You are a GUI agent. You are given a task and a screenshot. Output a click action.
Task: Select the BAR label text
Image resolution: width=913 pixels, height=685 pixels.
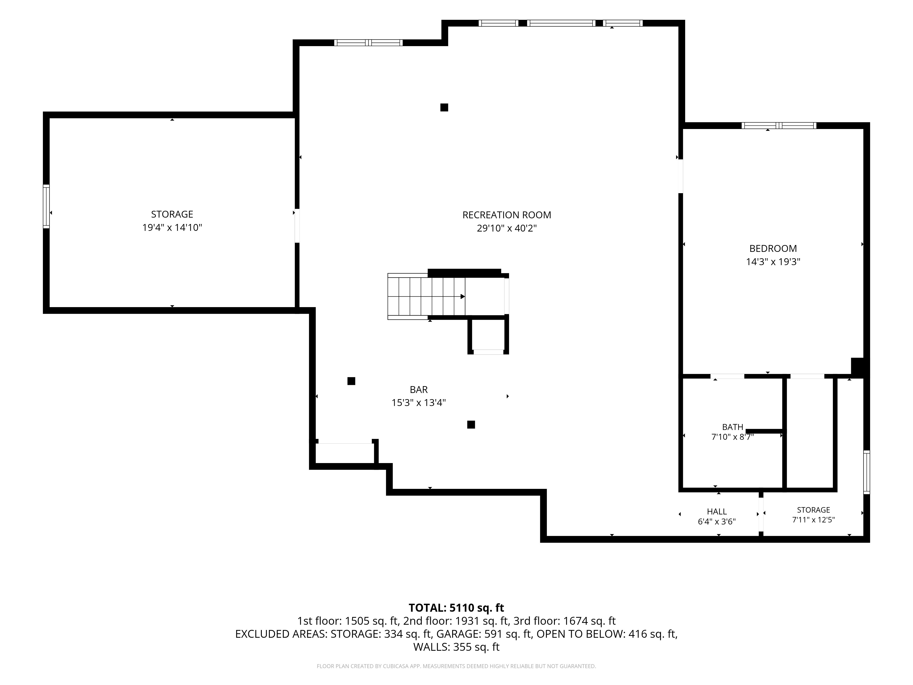(x=419, y=389)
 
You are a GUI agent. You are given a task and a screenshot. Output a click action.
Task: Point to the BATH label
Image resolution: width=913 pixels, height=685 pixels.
(x=733, y=427)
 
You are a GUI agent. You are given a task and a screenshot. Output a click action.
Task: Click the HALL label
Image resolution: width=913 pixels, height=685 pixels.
(x=717, y=512)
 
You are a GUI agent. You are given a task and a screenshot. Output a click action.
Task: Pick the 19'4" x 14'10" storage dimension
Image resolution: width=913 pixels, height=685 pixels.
(x=172, y=227)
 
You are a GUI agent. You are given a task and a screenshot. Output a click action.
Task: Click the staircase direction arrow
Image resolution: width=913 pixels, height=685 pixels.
(x=463, y=296)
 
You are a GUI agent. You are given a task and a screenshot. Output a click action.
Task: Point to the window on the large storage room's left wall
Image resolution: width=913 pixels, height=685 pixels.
(x=46, y=206)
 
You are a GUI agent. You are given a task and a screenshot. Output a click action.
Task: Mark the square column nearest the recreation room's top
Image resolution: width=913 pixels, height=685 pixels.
(x=444, y=107)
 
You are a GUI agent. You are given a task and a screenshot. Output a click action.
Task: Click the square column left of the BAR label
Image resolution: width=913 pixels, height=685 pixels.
(x=351, y=381)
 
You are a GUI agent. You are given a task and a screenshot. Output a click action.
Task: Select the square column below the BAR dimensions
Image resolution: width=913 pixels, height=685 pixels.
(x=471, y=424)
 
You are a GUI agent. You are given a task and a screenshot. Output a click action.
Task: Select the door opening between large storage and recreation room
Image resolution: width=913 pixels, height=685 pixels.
(x=297, y=226)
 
